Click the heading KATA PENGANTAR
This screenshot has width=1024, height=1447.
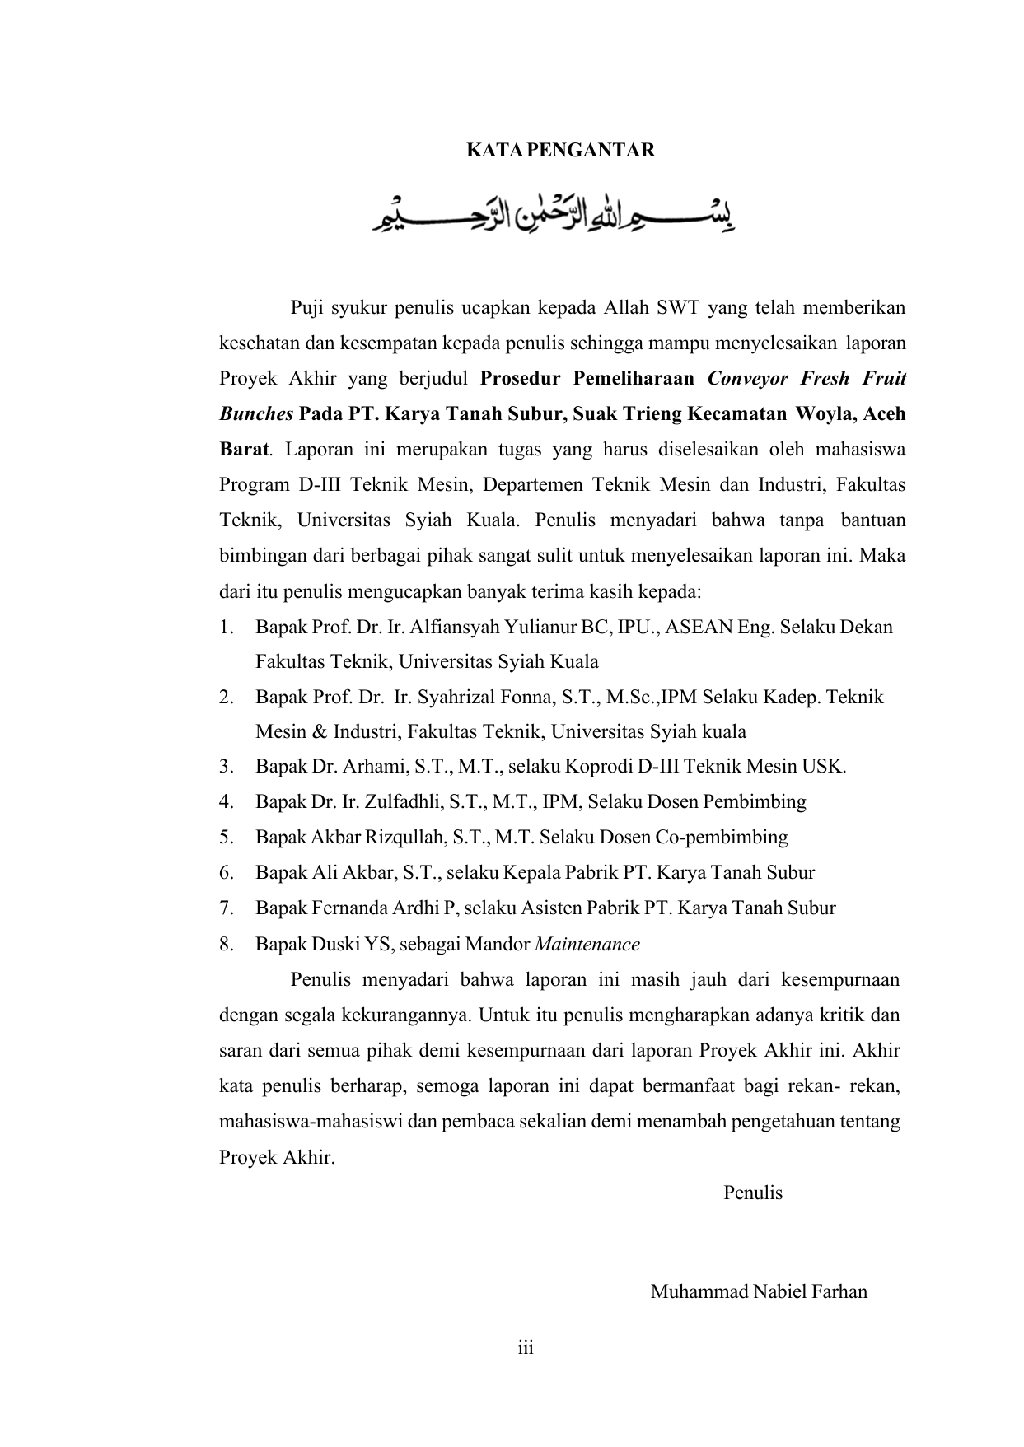coord(560,151)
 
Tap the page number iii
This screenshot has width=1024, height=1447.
coord(526,1348)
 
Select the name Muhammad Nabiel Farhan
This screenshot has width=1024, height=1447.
coord(759,1291)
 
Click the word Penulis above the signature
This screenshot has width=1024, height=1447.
coord(752,1193)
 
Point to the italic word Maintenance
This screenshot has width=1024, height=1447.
coord(587,944)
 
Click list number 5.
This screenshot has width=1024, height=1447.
coord(226,838)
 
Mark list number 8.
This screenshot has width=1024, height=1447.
coord(226,944)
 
